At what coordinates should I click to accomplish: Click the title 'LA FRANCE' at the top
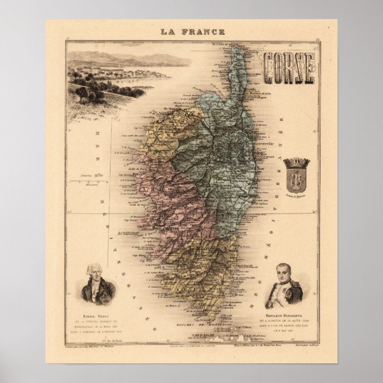(x=191, y=31)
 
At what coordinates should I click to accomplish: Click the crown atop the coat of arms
(x=296, y=162)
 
